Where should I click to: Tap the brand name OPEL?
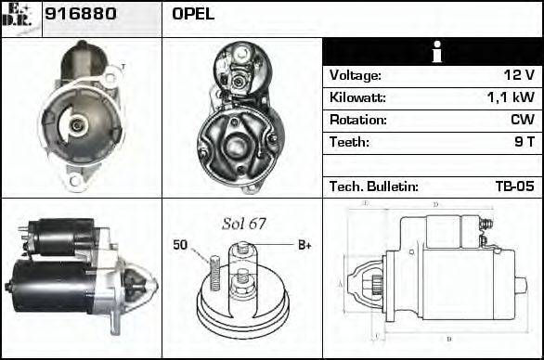click(x=193, y=15)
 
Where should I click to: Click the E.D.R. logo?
click(x=20, y=16)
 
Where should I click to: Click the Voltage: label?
click(x=356, y=75)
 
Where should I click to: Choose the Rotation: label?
click(x=357, y=120)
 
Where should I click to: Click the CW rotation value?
click(x=522, y=120)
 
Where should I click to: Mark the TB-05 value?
click(x=514, y=186)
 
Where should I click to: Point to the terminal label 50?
click(x=180, y=246)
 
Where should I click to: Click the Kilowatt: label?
click(x=357, y=97)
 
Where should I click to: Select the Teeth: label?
click(x=349, y=142)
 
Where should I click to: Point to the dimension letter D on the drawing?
click(x=435, y=204)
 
